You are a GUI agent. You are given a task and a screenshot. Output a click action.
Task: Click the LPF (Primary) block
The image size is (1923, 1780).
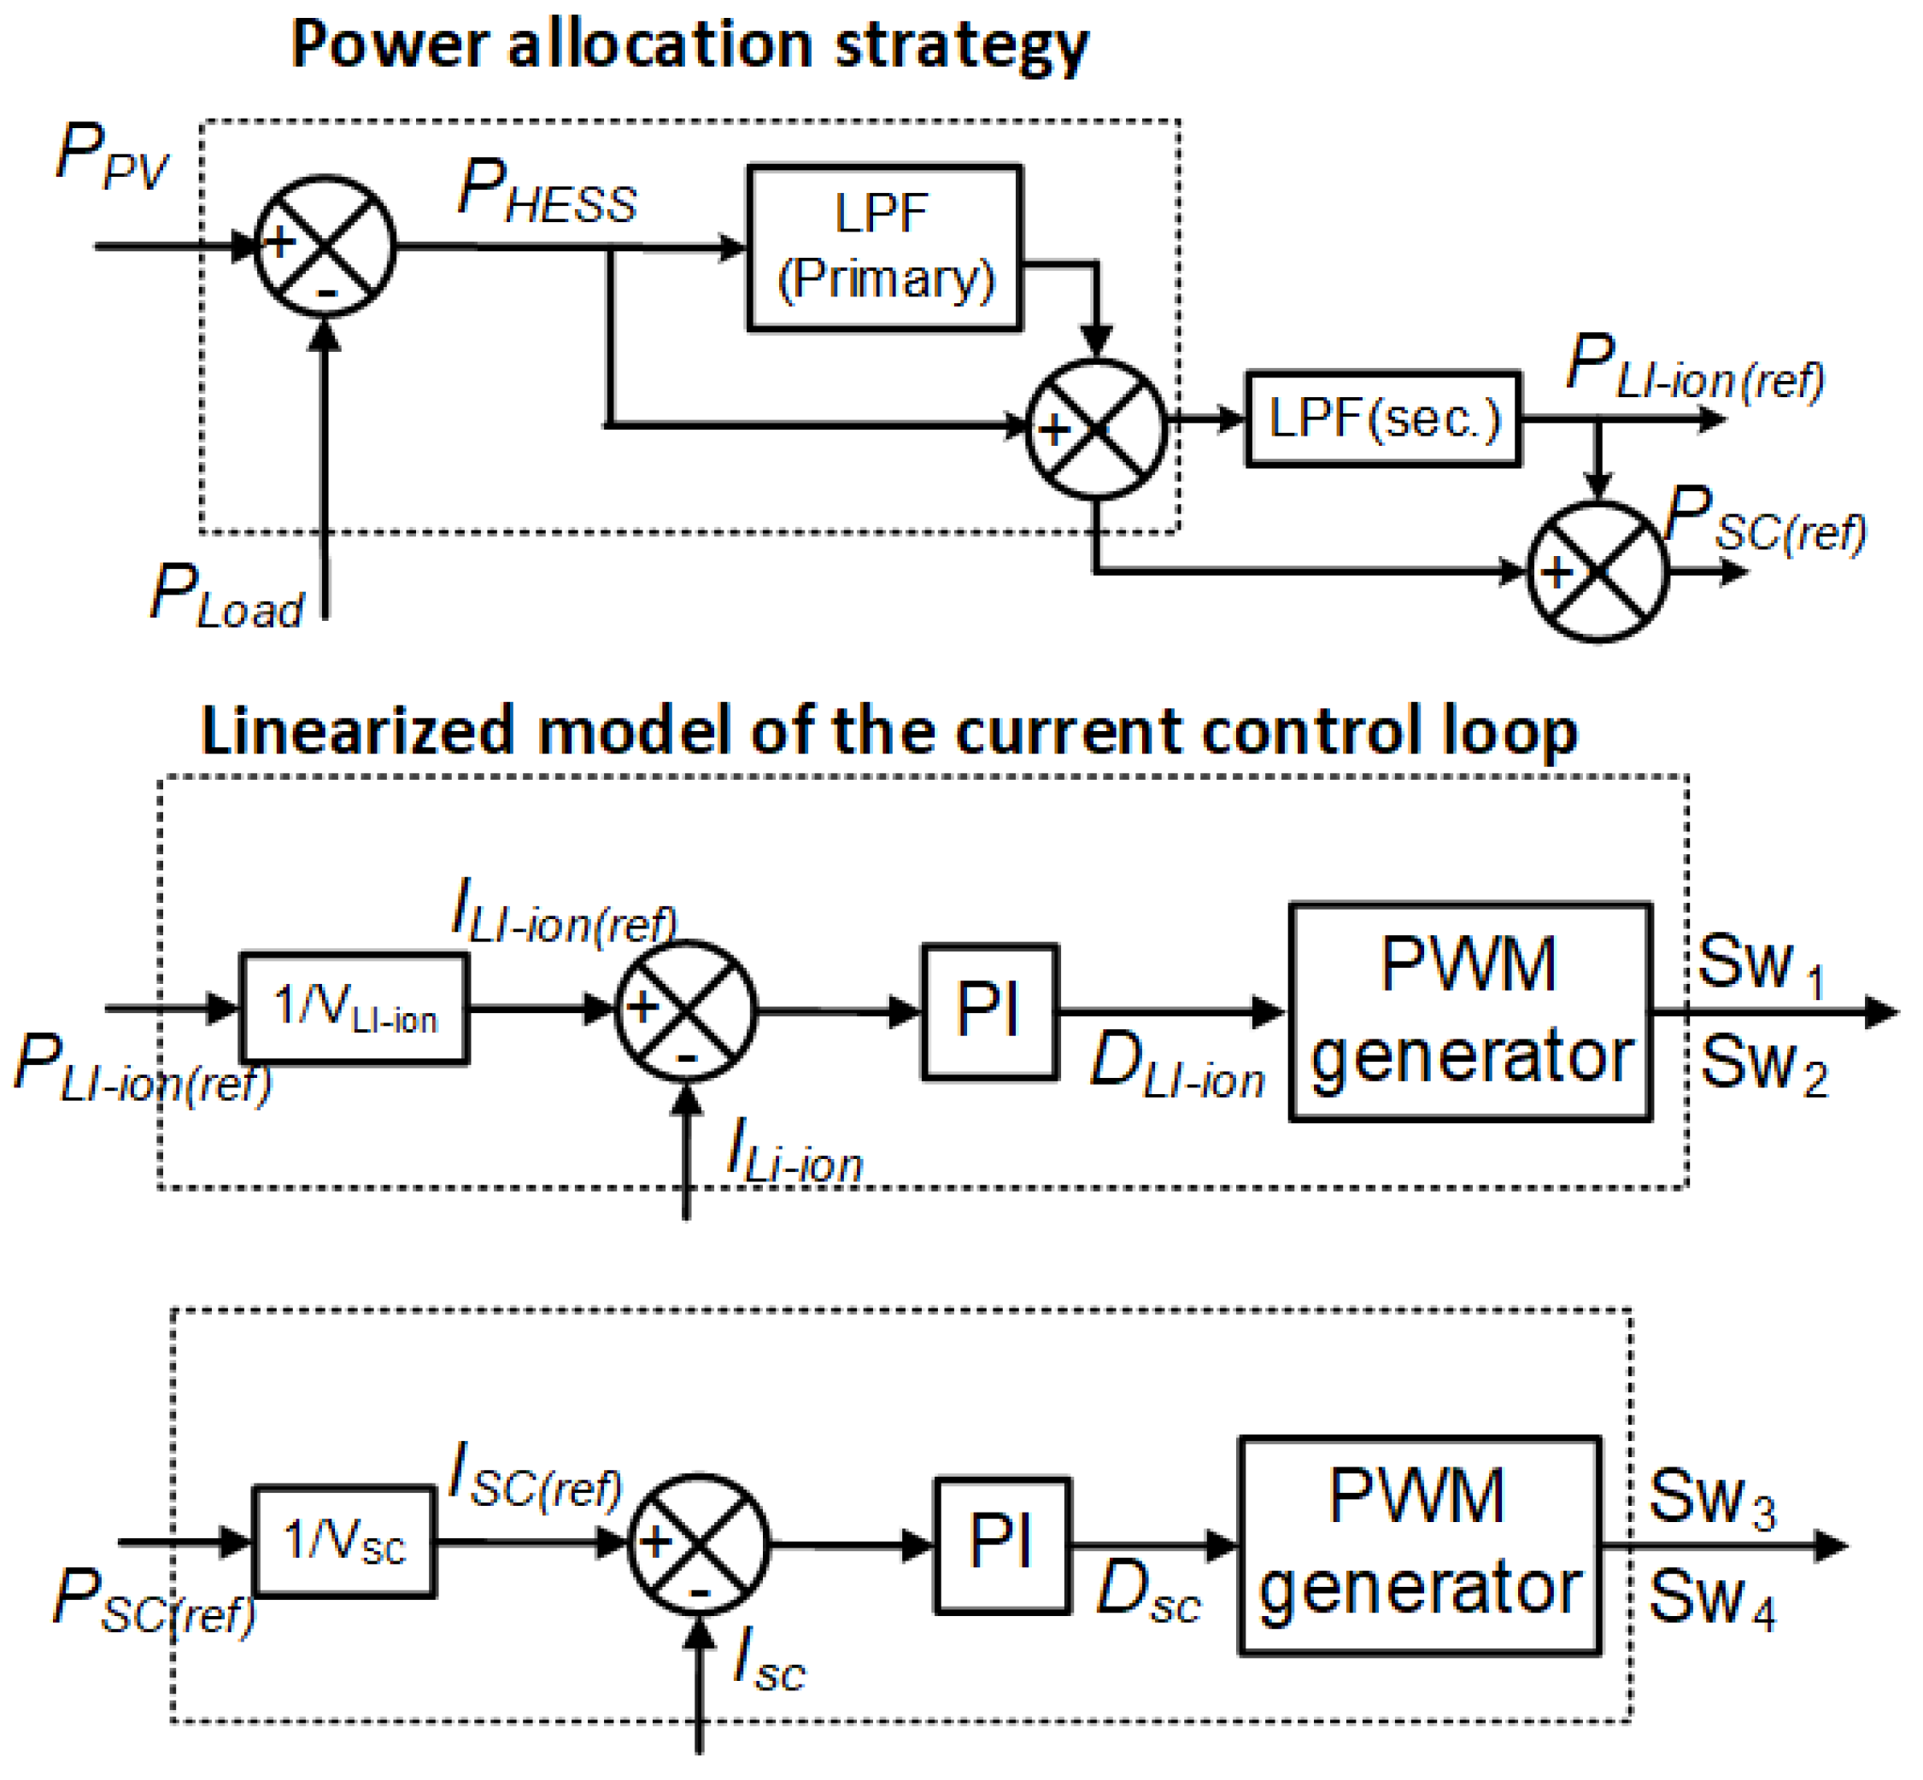coord(883,249)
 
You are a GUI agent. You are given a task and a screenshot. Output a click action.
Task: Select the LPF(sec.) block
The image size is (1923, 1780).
coord(1382,419)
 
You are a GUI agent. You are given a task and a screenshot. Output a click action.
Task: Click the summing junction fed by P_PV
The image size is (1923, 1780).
coord(325,247)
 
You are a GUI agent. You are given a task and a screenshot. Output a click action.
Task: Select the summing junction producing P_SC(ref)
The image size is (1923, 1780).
coord(1597,572)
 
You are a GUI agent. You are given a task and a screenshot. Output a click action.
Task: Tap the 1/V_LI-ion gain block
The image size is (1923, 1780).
coord(354,1008)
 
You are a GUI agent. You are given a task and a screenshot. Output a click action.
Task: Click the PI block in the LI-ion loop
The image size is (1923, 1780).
coord(989,1011)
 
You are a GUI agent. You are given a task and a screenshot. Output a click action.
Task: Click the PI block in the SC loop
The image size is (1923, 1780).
coord(1002,1544)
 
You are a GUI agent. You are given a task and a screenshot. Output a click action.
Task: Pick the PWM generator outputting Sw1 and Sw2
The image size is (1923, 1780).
coord(1470,1011)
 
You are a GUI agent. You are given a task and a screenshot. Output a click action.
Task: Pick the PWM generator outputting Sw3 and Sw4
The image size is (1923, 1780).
coord(1419,1545)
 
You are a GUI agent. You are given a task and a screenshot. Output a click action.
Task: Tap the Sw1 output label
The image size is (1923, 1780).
coord(1759,964)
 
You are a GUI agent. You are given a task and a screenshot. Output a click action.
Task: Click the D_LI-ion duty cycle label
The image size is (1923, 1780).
coord(1176,1065)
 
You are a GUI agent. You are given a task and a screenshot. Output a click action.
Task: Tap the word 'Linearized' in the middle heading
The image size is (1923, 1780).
coord(356,731)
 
